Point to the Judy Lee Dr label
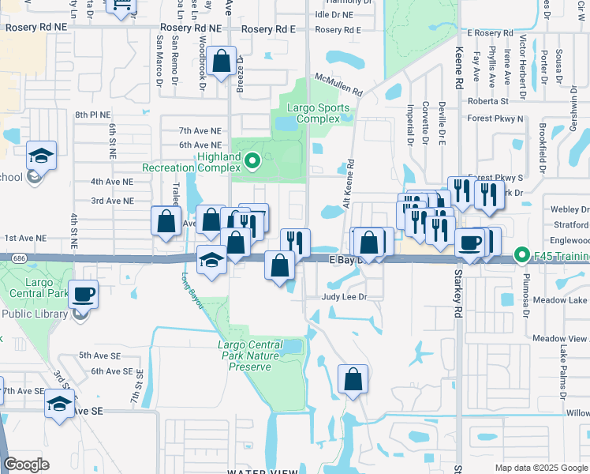pyautogui.click(x=345, y=297)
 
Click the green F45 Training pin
pyautogui.click(x=521, y=255)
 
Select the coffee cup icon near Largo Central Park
pyautogui.click(x=84, y=295)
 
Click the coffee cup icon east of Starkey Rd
pyautogui.click(x=469, y=243)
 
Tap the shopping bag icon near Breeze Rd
pyautogui.click(x=222, y=61)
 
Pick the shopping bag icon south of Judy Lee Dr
pyautogui.click(x=353, y=379)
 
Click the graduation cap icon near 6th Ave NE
pyautogui.click(x=41, y=156)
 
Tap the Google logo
pyautogui.click(x=27, y=465)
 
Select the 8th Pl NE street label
pyautogui.click(x=93, y=115)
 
